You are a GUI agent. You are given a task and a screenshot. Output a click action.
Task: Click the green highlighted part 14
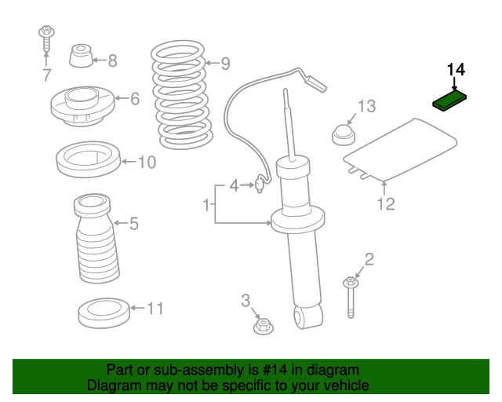[x=451, y=102]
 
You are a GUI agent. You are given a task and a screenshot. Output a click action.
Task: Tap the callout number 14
[x=455, y=70]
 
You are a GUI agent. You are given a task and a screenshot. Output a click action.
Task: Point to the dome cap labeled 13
[x=343, y=134]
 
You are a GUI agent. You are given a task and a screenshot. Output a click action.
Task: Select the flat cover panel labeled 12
[x=400, y=149]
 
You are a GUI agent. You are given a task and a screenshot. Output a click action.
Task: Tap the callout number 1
[x=206, y=206]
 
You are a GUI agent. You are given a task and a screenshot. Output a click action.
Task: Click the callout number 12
[x=385, y=204]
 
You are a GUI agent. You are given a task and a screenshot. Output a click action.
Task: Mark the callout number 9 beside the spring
[x=225, y=64]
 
